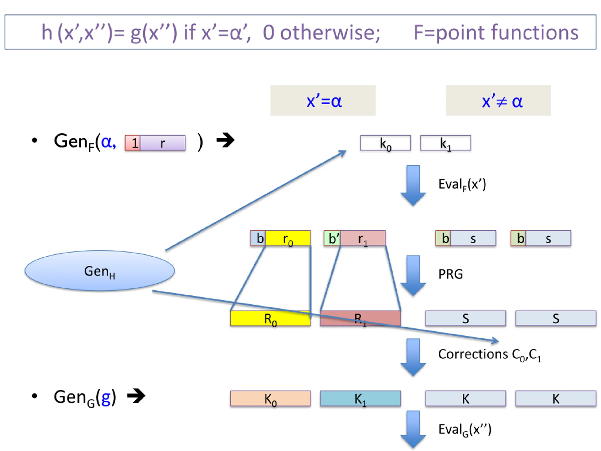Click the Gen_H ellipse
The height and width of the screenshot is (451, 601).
tap(100, 271)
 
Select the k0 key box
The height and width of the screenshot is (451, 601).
tap(385, 143)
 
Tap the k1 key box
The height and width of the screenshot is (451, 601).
tap(446, 143)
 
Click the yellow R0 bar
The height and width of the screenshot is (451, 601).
tap(270, 318)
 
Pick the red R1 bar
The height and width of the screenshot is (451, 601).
tap(360, 318)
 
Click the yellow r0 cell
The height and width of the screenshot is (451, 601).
tap(288, 238)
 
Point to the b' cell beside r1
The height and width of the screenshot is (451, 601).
tap(332, 238)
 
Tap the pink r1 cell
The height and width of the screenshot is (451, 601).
tap(363, 238)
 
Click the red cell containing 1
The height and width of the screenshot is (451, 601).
tap(133, 143)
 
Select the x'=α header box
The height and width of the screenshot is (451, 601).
tap(323, 100)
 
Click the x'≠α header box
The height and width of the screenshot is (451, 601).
tap(498, 100)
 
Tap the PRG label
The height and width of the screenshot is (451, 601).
tap(451, 274)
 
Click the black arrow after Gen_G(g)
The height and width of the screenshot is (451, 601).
tap(136, 396)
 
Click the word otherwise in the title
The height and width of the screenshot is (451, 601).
tap(330, 33)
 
